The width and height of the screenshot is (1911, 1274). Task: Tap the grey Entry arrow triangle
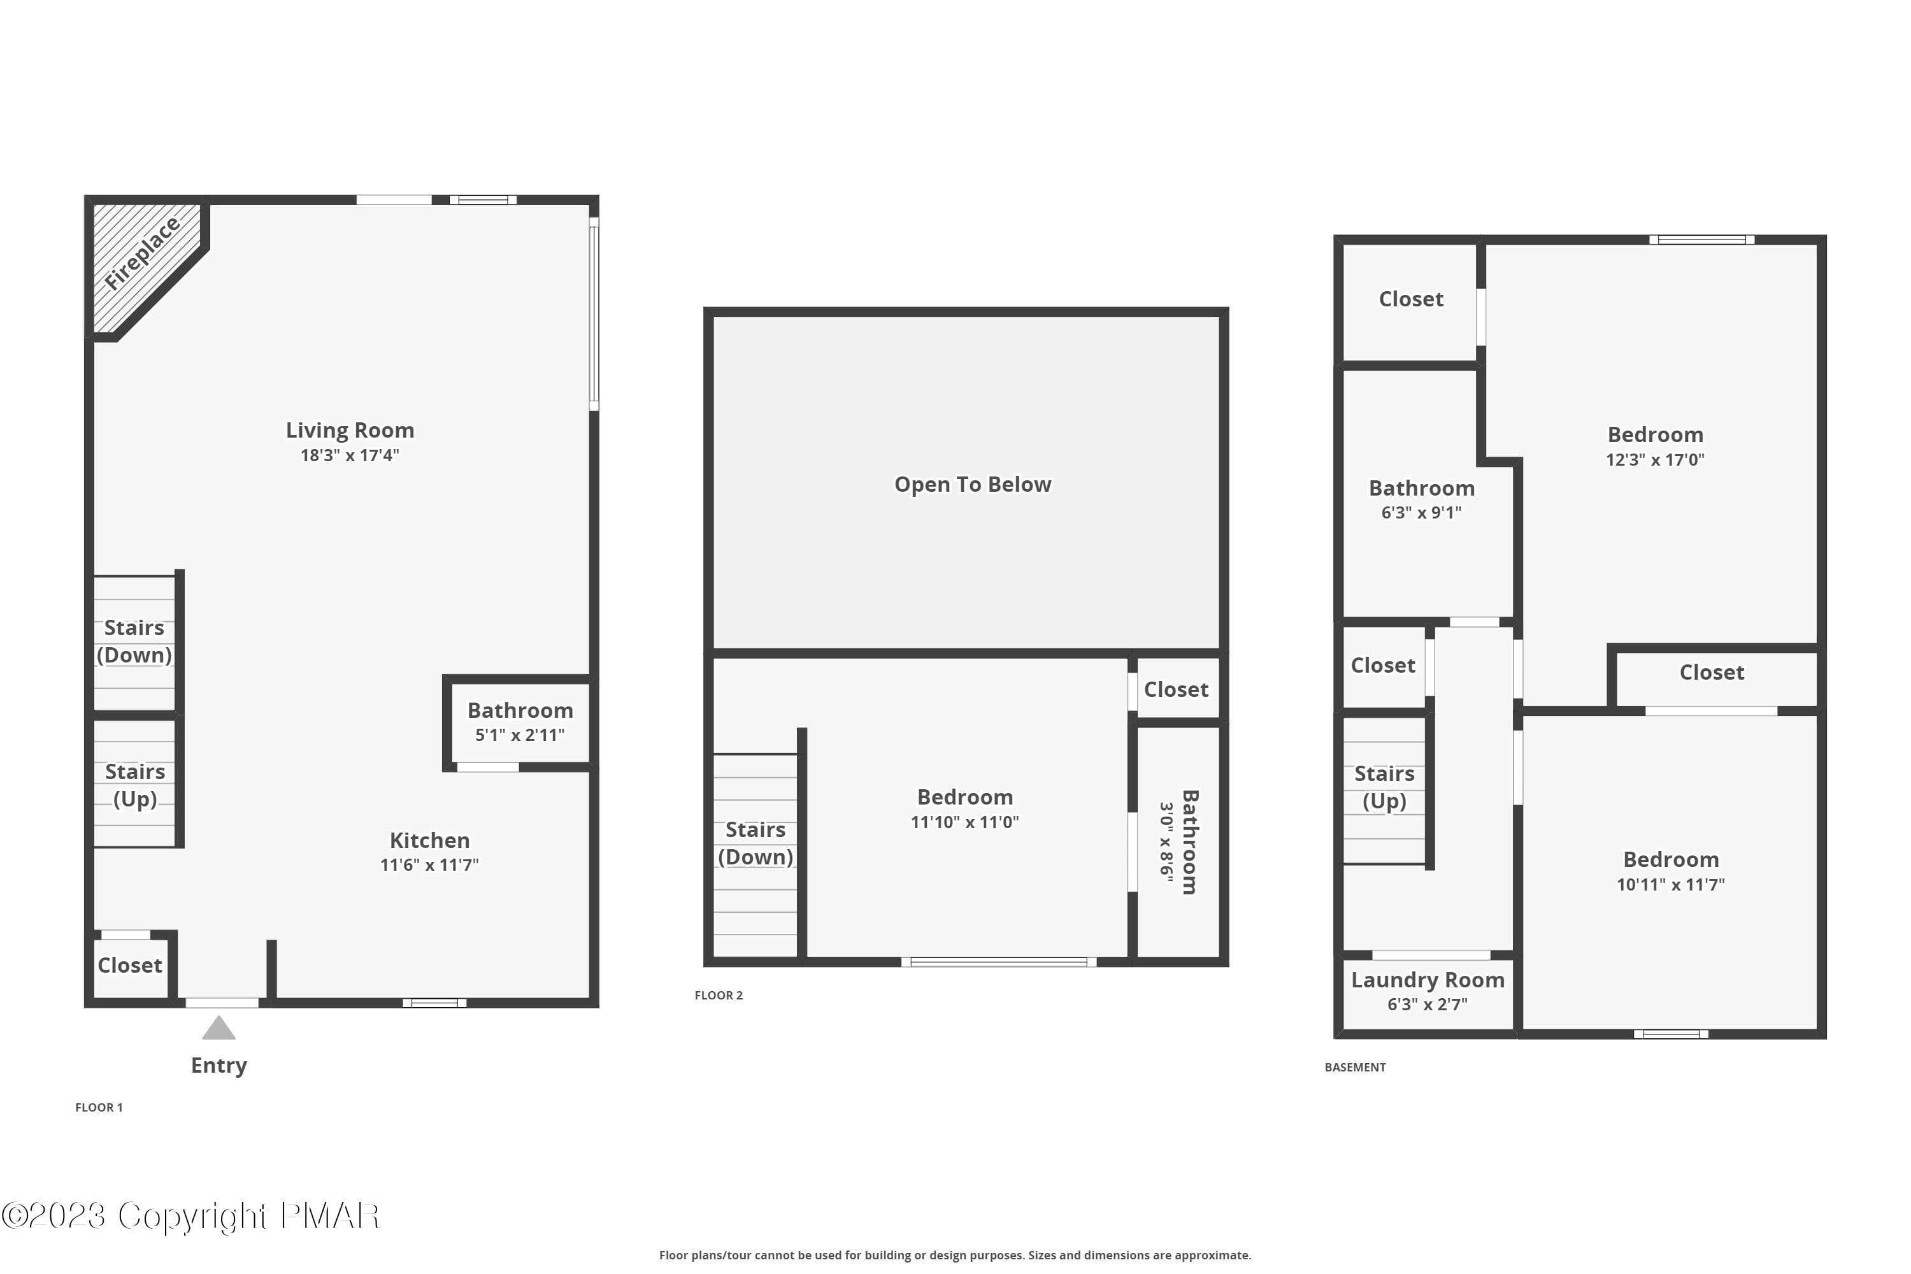click(218, 1028)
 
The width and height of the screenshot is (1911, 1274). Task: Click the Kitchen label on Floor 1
click(430, 840)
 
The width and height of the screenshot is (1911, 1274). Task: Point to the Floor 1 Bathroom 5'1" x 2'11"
click(520, 722)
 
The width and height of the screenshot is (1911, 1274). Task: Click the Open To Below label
click(973, 484)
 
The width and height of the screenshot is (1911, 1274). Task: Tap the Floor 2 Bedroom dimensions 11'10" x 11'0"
click(964, 822)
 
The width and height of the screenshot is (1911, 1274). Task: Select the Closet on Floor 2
click(1177, 690)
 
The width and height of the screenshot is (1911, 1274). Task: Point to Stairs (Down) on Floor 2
click(755, 843)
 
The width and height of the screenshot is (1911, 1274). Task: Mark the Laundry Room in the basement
click(1428, 991)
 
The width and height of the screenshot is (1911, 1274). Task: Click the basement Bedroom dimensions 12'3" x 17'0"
click(1655, 460)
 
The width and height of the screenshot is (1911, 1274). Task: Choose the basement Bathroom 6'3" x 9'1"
click(1422, 499)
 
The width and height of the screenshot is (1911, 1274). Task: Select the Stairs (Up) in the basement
click(1384, 787)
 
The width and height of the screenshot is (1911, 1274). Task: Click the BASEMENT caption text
click(1356, 1068)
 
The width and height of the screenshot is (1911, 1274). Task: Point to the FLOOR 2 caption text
click(719, 995)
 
